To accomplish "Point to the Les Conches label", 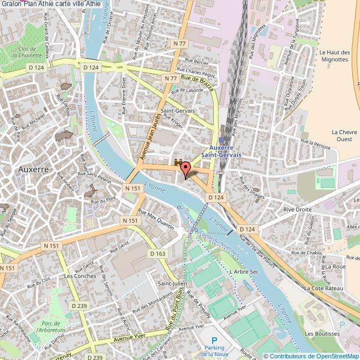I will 80,276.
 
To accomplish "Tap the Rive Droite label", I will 298,209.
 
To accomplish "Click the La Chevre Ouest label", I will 342,136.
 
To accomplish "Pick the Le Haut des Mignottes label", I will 335,56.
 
